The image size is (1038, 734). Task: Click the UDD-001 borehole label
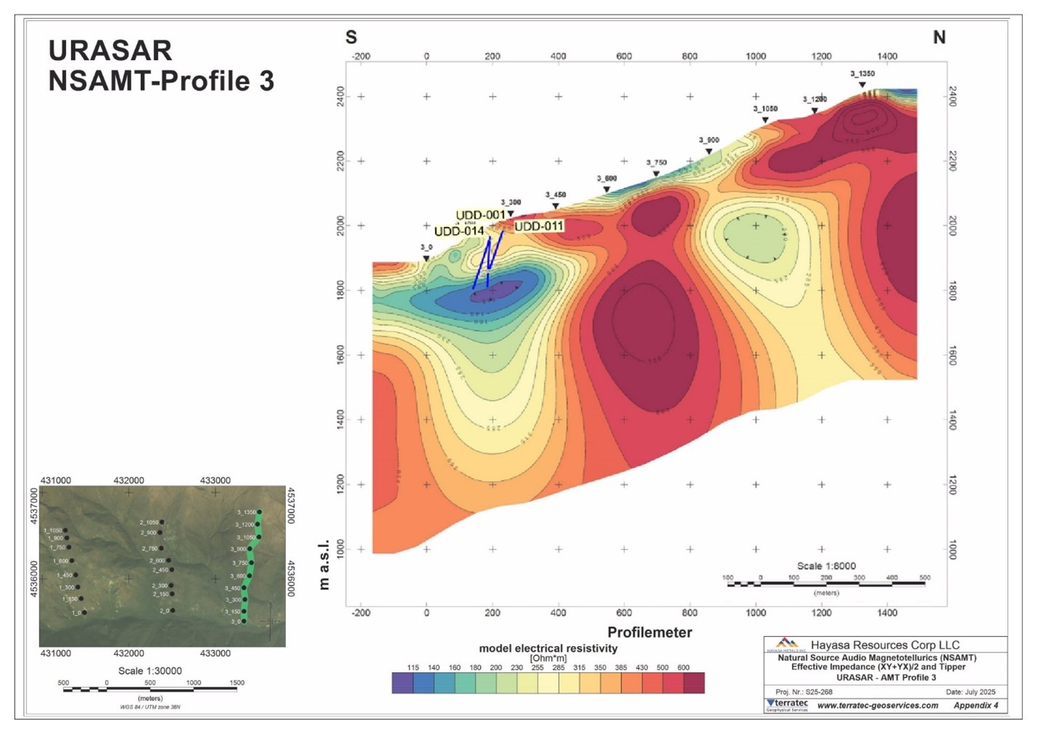(x=480, y=215)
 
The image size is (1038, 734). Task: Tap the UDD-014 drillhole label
(x=459, y=232)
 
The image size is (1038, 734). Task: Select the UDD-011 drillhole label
(x=539, y=227)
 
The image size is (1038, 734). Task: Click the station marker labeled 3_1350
(x=862, y=84)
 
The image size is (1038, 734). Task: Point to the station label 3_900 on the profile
(x=708, y=140)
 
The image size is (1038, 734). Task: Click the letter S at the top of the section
(x=351, y=37)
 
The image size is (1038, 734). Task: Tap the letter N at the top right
(x=939, y=37)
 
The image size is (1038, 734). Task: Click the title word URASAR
(x=110, y=51)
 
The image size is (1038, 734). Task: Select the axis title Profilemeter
(x=650, y=632)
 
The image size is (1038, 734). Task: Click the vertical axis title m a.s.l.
(x=324, y=564)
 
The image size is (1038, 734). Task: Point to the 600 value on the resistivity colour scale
(x=683, y=667)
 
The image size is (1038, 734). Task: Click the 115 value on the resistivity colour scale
(x=413, y=667)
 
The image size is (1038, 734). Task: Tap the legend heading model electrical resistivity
(x=548, y=648)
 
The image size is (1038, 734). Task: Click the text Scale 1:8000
(x=826, y=566)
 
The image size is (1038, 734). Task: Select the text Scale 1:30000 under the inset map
(x=150, y=671)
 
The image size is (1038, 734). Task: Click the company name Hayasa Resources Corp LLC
(x=884, y=645)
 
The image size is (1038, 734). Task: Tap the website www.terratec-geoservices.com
(x=878, y=705)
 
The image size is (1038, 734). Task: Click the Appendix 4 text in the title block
(x=976, y=705)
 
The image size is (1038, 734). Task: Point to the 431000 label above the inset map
(x=56, y=481)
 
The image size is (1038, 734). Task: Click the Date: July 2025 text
(x=970, y=692)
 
